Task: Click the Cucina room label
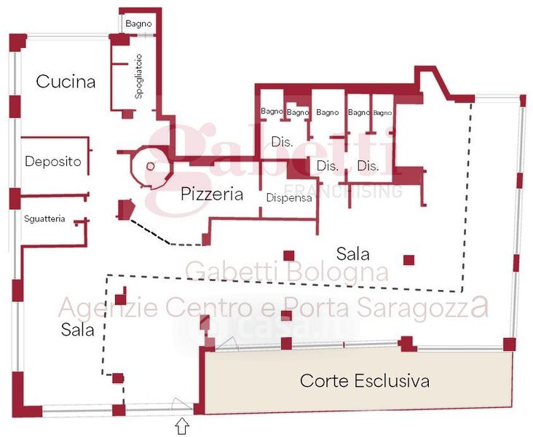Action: tap(66, 82)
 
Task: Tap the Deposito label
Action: tap(52, 162)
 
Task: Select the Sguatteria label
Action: tap(44, 219)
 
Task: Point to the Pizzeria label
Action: tap(211, 194)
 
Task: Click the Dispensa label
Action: tap(289, 197)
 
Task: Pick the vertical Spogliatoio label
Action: tap(138, 76)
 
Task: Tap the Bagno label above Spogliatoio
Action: tap(138, 24)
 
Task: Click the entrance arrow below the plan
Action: tap(182, 425)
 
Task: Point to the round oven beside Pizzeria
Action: tap(151, 167)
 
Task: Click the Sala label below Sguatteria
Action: tap(78, 330)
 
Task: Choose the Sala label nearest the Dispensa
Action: tap(352, 254)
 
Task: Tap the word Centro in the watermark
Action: tap(206, 307)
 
